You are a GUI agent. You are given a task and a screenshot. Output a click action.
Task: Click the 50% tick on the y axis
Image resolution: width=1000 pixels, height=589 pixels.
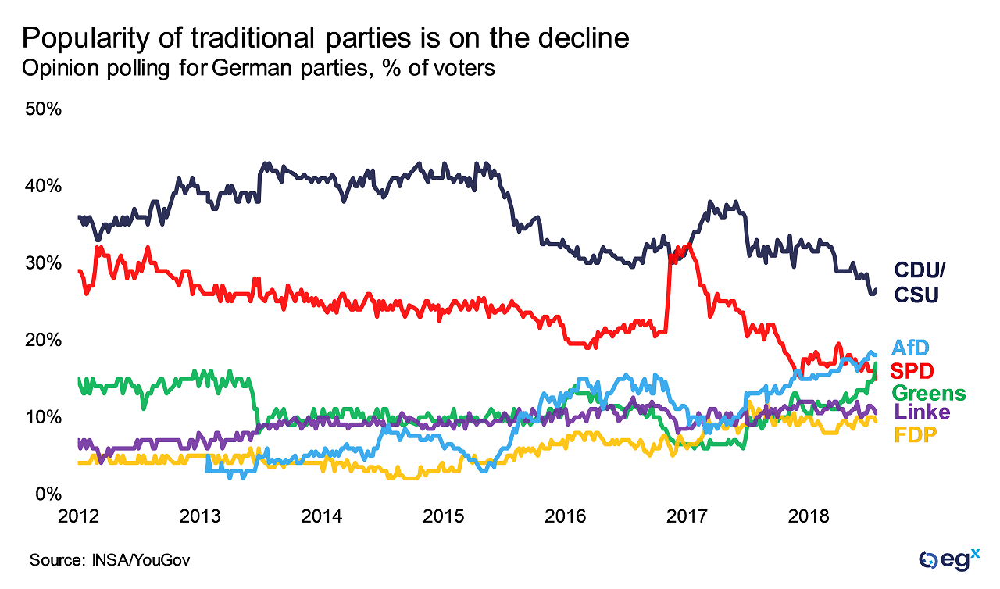click(44, 109)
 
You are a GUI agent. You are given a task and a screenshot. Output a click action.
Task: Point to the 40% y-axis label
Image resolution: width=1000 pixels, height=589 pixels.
click(44, 186)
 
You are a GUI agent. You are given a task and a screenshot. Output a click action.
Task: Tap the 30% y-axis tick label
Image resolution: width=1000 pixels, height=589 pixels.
click(44, 262)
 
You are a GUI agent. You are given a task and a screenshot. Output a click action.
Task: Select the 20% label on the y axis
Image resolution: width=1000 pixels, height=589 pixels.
click(44, 340)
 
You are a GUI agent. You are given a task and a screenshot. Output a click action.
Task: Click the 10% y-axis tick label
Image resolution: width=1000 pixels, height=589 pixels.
click(44, 416)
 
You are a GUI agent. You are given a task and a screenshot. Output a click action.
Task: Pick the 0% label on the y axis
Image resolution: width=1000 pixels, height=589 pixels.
click(48, 494)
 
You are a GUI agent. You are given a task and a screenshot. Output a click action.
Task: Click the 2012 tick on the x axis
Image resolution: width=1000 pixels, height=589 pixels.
click(79, 516)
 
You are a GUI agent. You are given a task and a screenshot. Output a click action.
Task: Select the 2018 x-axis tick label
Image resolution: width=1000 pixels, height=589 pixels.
click(809, 516)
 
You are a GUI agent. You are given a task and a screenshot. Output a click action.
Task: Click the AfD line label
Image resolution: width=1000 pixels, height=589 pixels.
click(912, 348)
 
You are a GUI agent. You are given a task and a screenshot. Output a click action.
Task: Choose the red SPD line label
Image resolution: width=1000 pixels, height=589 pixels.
click(913, 370)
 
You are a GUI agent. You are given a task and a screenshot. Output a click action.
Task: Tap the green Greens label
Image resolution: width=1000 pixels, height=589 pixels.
click(928, 392)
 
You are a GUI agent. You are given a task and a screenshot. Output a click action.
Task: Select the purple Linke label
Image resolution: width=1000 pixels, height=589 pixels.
click(922, 412)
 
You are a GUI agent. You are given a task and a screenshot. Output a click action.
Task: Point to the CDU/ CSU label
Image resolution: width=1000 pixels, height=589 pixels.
click(920, 282)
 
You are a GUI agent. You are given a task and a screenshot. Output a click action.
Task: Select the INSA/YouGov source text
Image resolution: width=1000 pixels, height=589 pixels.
click(137, 560)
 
